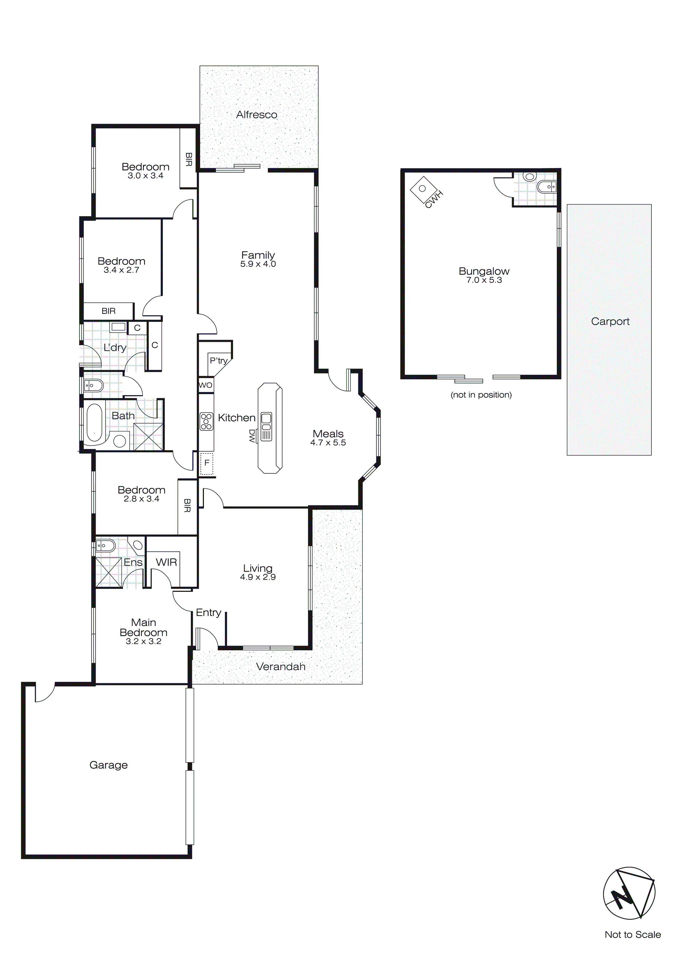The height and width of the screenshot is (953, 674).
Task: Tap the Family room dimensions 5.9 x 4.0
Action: [x=258, y=264]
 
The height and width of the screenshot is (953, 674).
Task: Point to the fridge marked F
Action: [x=207, y=463]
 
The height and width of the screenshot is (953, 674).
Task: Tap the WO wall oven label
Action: [x=206, y=385]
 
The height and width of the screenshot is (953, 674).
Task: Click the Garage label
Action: [x=108, y=765]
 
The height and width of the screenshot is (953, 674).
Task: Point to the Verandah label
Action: [x=281, y=667]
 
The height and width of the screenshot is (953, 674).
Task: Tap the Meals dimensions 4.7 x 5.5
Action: [x=328, y=443]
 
